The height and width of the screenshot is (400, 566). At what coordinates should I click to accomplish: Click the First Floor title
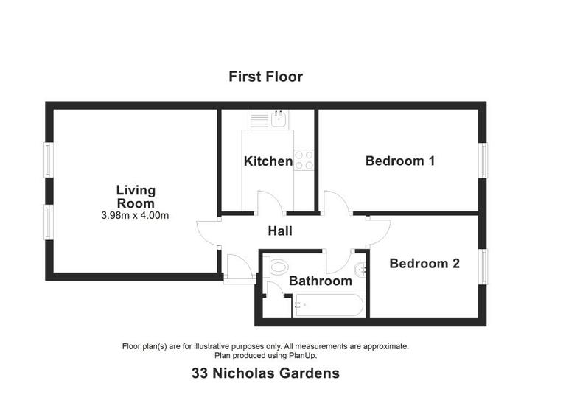click(x=265, y=77)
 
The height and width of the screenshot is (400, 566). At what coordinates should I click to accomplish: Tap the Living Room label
click(x=136, y=197)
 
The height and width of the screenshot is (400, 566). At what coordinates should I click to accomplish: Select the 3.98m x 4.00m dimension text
click(x=136, y=216)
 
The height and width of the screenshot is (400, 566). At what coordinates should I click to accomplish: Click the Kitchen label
click(x=268, y=161)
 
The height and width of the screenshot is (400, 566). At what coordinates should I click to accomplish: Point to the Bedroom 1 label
click(x=399, y=161)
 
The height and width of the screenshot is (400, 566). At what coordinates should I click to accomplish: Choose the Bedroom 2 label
click(x=424, y=263)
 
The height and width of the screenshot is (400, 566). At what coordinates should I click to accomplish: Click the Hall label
click(x=279, y=231)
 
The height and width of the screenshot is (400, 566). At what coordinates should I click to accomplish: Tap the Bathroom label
click(x=320, y=281)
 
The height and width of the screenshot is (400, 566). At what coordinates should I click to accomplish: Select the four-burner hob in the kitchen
click(x=304, y=160)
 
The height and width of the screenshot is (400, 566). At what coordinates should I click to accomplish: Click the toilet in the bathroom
click(x=277, y=267)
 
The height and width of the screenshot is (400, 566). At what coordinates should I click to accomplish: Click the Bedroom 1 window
click(x=483, y=160)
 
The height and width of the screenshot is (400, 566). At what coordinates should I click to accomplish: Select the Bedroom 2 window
click(x=483, y=265)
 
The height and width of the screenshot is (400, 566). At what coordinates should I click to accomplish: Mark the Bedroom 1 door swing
click(x=335, y=203)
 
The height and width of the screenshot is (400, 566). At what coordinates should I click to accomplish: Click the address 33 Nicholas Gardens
click(x=265, y=373)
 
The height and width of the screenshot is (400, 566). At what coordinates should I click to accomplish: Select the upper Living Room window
click(x=48, y=160)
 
